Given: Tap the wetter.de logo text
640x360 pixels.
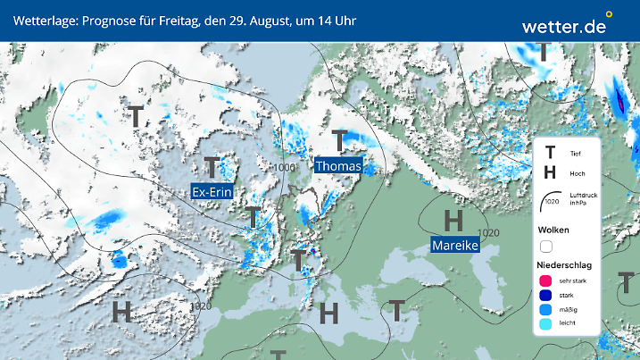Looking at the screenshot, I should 563,27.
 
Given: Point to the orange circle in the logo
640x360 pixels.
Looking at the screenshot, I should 609,14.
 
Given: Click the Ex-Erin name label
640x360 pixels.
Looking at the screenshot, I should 213,191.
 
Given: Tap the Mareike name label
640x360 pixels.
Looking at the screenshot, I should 454,245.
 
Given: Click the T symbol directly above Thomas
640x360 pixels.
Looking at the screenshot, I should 339,140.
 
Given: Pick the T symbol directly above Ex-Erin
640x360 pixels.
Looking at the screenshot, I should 212,167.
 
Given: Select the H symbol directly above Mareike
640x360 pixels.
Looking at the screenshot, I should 453,219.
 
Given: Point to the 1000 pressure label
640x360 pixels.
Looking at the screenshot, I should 286,167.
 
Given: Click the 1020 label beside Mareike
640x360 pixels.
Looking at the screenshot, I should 489,232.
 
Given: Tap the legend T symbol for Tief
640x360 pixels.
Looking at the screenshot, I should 550,154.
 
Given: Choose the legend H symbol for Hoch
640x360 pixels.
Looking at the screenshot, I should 550,173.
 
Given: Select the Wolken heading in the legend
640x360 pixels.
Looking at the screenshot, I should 553,230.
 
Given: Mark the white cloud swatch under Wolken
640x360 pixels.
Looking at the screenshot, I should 546,247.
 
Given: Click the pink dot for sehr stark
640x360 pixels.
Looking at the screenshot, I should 545,280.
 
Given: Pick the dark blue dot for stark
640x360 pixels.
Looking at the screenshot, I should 545,295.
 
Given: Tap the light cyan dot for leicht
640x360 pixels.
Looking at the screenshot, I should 545,324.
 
